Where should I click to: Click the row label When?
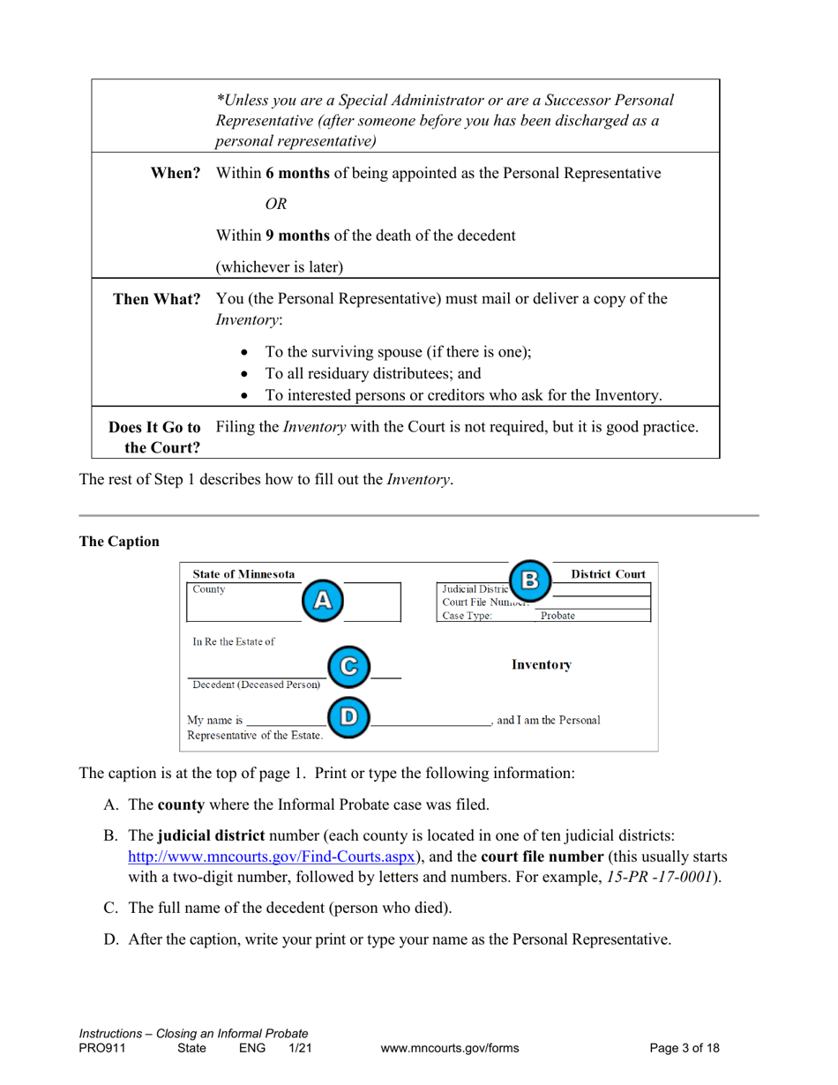[176, 174]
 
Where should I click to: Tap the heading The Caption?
[120, 540]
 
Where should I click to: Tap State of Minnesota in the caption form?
[244, 573]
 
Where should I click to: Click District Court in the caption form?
[609, 573]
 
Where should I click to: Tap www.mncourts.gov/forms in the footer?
[450, 1048]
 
